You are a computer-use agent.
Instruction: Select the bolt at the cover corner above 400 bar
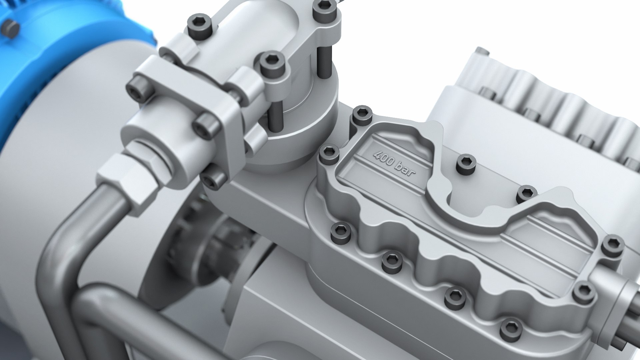pyautogui.click(x=362, y=115)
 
